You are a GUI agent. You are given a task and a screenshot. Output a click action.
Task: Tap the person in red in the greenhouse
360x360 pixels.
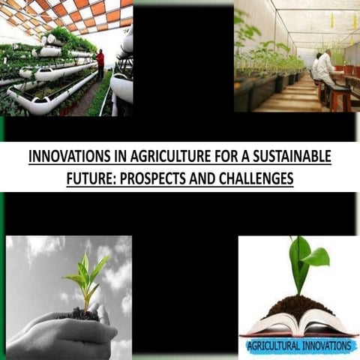(100, 64)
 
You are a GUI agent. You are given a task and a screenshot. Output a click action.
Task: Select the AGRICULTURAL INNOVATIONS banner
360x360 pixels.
(298, 346)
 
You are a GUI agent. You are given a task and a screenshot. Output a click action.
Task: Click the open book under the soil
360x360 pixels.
(298, 325)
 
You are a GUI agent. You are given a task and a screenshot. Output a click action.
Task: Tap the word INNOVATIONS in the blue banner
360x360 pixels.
(323, 346)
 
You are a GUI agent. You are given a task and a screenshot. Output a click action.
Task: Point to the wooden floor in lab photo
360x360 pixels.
(292, 97)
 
